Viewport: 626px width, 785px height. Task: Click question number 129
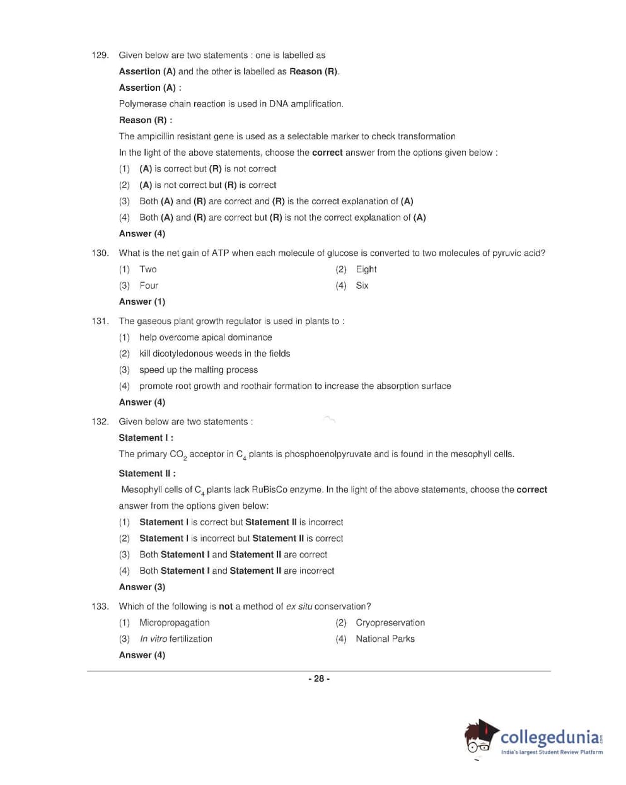click(x=100, y=55)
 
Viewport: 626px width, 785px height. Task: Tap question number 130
click(x=100, y=253)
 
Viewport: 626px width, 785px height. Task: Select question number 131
click(x=100, y=322)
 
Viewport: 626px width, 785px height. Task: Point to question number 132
click(x=100, y=422)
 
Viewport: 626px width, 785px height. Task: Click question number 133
click(x=100, y=607)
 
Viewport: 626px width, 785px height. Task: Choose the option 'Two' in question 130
click(x=148, y=269)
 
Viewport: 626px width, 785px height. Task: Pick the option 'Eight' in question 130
click(x=366, y=269)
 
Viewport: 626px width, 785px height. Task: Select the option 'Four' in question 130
click(x=149, y=286)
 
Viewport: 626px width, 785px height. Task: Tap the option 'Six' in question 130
click(x=362, y=286)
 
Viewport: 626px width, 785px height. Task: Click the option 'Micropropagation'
click(x=174, y=623)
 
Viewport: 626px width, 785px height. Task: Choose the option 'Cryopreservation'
click(x=390, y=623)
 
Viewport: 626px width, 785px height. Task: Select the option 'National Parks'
click(x=385, y=639)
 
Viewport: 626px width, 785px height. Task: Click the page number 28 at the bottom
click(x=319, y=679)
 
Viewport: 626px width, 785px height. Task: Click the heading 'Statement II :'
click(x=147, y=474)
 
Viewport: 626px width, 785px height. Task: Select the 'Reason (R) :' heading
click(x=145, y=120)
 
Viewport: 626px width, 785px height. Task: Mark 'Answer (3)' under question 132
click(x=142, y=588)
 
